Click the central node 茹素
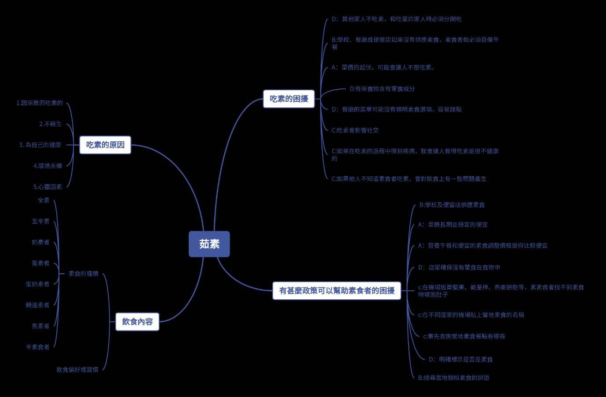click(x=209, y=244)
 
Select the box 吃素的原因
click(x=106, y=145)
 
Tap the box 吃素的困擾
click(x=289, y=99)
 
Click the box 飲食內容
click(x=137, y=322)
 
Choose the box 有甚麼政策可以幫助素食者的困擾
click(x=337, y=291)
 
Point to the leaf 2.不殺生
click(x=51, y=124)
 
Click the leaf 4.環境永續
click(x=47, y=166)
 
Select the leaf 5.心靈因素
click(x=47, y=187)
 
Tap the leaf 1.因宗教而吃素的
click(x=40, y=103)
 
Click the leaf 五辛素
click(x=40, y=221)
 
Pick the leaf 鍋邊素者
click(x=37, y=305)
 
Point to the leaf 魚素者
click(x=40, y=326)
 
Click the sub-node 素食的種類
click(x=84, y=274)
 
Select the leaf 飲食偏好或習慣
click(x=77, y=370)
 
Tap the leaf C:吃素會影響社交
click(x=355, y=130)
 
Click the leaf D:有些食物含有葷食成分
click(x=382, y=89)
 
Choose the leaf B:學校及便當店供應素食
click(x=452, y=205)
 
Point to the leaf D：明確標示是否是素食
click(x=461, y=360)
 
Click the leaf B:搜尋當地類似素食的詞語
click(x=453, y=378)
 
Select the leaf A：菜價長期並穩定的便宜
click(x=453, y=225)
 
